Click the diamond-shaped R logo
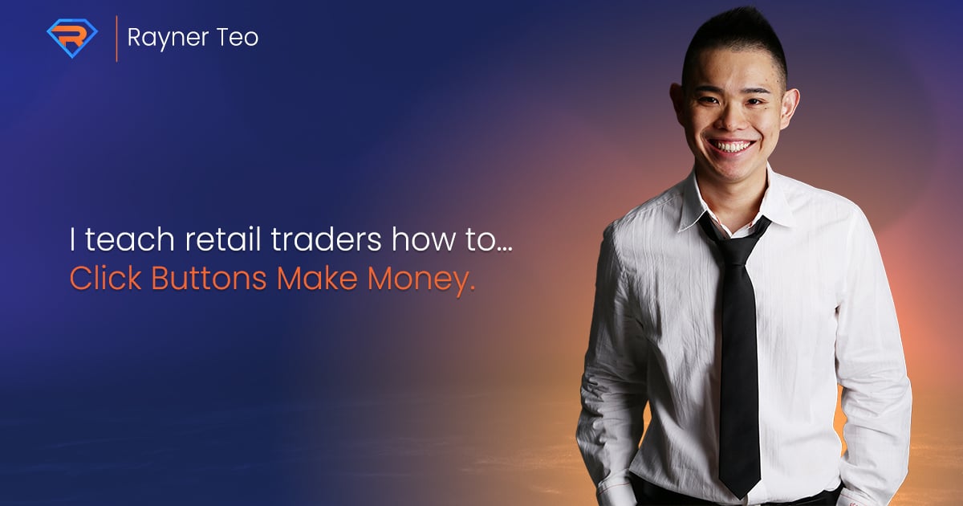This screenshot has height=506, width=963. point(72,38)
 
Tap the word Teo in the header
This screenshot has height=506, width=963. point(238,37)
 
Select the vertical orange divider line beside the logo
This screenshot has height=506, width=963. point(116,39)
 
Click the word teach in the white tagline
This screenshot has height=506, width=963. point(130,239)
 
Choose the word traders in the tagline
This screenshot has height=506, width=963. point(327,239)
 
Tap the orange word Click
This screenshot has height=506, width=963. point(106,279)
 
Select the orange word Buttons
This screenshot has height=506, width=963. point(209,279)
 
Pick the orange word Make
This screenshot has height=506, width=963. point(317,279)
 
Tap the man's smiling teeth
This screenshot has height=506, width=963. point(730,146)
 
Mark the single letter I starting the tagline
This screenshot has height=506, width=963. point(72,239)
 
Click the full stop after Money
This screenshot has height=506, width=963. point(472,288)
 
